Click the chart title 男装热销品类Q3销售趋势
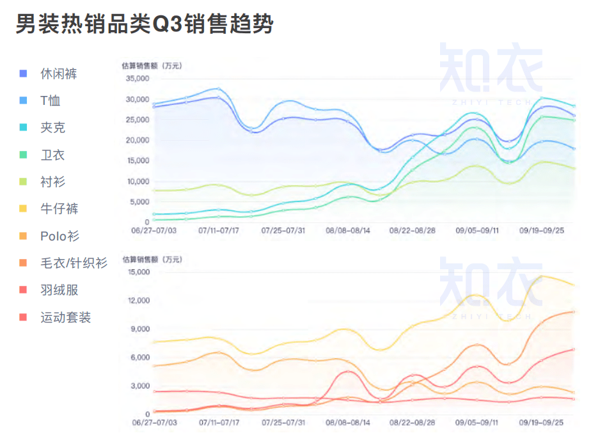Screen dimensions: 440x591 pos(145,24)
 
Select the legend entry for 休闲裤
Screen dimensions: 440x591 pos(58,74)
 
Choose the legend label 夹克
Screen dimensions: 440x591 pos(52,127)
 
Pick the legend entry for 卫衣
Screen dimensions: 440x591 pos(52,155)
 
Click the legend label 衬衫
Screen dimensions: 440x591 pos(52,182)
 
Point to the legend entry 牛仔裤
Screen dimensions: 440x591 pos(58,208)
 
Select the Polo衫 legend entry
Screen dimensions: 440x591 pos(59,236)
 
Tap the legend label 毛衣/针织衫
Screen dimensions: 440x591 pos(74,263)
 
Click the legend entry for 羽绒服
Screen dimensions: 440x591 pos(58,290)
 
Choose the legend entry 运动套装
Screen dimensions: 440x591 pos(65,317)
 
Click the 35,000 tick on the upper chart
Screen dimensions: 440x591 pos(138,79)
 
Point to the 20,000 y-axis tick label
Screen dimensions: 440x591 pos(138,140)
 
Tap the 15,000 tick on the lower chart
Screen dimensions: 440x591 pos(138,272)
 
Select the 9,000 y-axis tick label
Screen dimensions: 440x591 pos(140,329)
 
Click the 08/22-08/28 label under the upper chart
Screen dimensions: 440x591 pos(412,229)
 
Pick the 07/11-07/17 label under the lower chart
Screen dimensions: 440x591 pos(218,423)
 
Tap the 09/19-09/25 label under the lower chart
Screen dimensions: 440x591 pos(541,423)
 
